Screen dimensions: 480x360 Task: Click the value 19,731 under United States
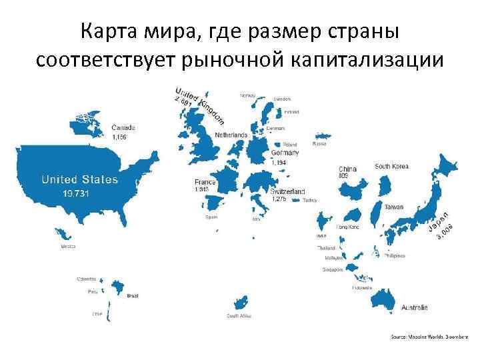(75, 193)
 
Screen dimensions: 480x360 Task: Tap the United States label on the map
(80, 179)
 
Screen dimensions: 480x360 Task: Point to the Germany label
(285, 153)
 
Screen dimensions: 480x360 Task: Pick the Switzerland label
(287, 191)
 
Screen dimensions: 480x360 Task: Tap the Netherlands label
(231, 135)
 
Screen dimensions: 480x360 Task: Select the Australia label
(415, 307)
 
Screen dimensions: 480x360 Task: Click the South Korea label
(391, 166)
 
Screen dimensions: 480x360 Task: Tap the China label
(347, 169)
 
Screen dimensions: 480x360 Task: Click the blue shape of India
(323, 221)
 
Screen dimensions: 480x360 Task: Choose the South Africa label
(238, 316)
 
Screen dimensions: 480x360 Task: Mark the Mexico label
(68, 246)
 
